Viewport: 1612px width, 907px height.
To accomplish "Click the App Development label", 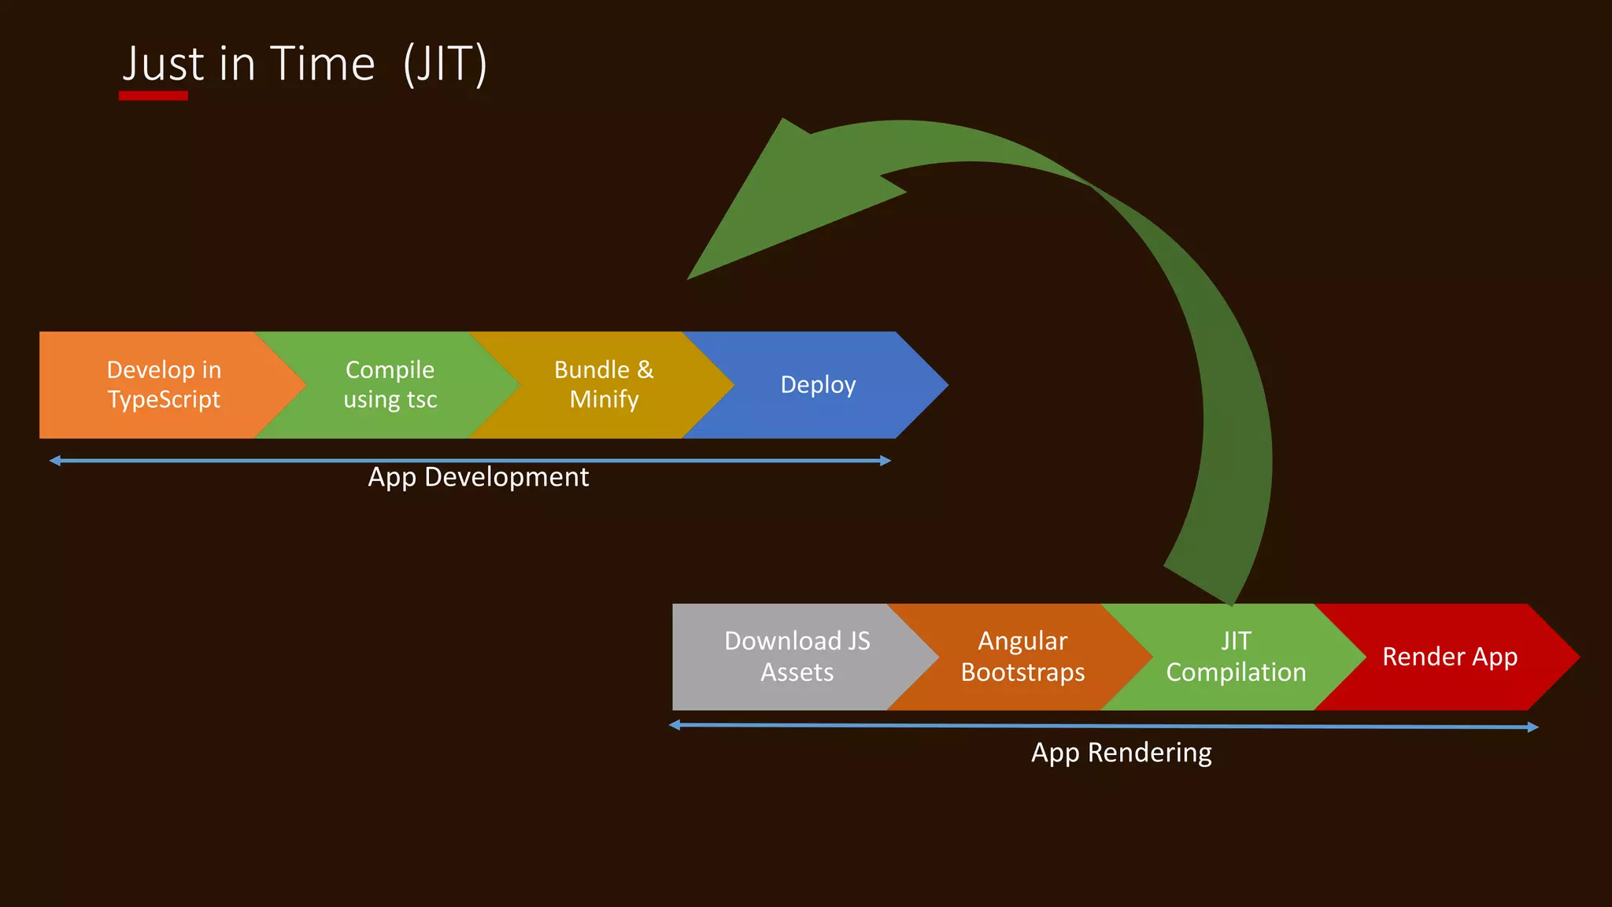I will click(x=478, y=477).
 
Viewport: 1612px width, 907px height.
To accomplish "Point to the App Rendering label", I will click(x=1121, y=753).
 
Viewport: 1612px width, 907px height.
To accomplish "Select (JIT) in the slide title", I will click(x=445, y=64).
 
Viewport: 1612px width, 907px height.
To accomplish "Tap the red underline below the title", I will click(x=153, y=96).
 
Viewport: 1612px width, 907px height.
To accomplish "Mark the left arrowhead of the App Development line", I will click(x=54, y=461).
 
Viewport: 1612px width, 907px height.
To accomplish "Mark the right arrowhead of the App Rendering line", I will click(x=1533, y=727).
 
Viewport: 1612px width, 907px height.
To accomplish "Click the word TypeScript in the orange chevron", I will click(x=164, y=400).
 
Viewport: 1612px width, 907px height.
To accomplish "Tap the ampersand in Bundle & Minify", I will click(x=645, y=369).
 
